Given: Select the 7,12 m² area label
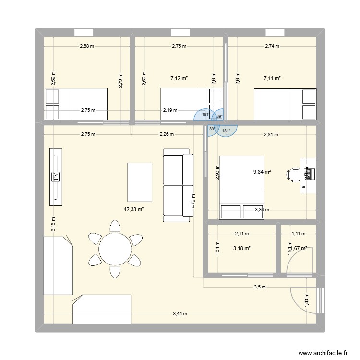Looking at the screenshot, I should [x=179, y=77].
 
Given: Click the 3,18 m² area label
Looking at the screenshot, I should [x=242, y=249].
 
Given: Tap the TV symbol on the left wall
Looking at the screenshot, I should [x=56, y=177].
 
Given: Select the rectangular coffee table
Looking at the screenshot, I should [x=140, y=182].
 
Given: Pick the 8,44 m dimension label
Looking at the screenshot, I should [x=180, y=314].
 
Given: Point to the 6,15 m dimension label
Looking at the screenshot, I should [x=53, y=225].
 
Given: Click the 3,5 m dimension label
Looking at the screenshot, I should [x=259, y=287].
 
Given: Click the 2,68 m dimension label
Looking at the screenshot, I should [x=87, y=46].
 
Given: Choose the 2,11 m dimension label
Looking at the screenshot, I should [x=242, y=234].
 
